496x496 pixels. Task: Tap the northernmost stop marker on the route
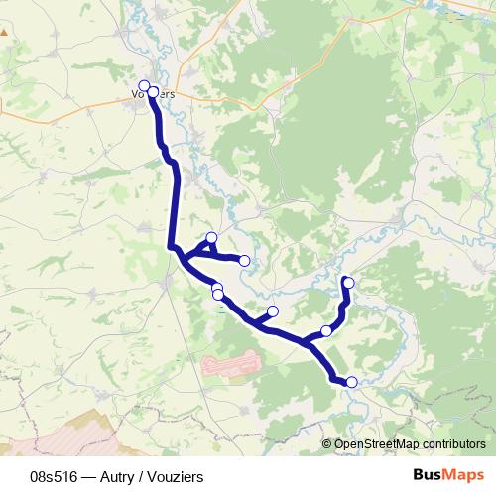pos(144,85)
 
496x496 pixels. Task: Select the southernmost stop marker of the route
pos(351,381)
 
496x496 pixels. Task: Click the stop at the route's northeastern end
pos(348,282)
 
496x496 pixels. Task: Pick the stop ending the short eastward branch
pos(245,261)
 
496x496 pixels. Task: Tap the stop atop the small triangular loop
pos(211,237)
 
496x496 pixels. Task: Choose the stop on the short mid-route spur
pos(273,311)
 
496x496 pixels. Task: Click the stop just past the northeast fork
pos(326,331)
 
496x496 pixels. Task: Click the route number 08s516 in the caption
pos(56,477)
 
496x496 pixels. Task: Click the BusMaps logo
pos(448,476)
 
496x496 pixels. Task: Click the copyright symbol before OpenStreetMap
pos(328,443)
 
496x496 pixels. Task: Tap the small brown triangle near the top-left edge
pos(4,29)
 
